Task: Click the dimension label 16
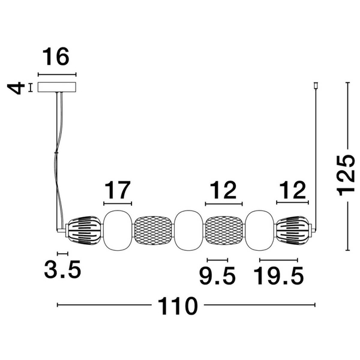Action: point(56,57)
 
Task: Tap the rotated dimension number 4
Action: point(16,88)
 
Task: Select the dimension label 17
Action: point(118,190)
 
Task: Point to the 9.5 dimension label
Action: point(217,276)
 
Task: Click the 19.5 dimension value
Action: point(278,276)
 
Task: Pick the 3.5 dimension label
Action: point(62,269)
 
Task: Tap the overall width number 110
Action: point(178,306)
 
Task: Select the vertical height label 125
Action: point(346,176)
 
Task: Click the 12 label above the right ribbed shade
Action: point(293,190)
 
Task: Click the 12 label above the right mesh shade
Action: point(223,190)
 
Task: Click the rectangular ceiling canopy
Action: point(57,87)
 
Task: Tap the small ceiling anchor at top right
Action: point(316,86)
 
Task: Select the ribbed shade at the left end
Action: point(83,230)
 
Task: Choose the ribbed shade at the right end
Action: point(293,230)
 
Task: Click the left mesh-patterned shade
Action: point(152,230)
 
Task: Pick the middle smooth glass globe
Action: point(188,230)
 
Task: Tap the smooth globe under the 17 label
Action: point(118,230)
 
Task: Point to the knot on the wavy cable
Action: point(56,152)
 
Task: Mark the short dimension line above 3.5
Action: point(62,253)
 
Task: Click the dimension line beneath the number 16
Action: point(57,74)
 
